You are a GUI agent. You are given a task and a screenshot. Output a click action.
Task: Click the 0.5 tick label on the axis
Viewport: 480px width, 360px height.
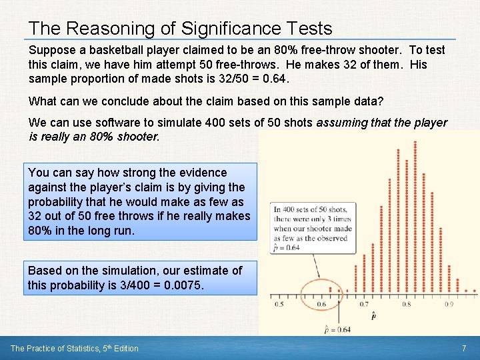point(279,305)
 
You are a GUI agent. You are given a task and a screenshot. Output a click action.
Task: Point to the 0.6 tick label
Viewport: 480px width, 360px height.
point(321,305)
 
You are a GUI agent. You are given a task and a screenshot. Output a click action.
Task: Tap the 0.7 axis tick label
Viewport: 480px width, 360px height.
point(364,305)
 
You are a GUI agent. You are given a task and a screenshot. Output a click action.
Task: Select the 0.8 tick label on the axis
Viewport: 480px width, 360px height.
point(406,305)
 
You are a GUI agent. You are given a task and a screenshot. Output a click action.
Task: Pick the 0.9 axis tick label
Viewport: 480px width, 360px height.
point(449,305)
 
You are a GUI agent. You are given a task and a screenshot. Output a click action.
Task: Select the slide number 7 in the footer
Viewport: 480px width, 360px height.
point(463,348)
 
